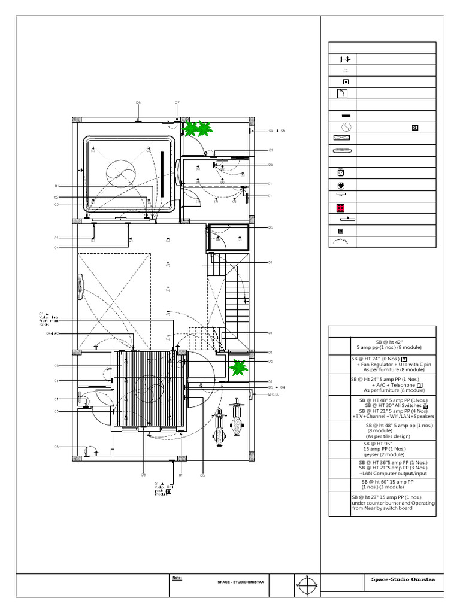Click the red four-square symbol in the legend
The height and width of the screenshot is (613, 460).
coord(340,208)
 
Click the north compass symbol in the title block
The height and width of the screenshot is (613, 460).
coord(307,585)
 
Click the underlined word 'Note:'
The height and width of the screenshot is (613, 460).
coord(177,578)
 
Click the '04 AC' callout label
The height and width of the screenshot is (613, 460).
coord(52,333)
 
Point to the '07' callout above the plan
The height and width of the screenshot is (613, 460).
coord(177,103)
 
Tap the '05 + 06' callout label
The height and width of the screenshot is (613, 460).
coord(277,130)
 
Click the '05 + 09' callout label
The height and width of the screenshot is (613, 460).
coord(277,387)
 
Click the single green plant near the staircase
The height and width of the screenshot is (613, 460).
coord(238,366)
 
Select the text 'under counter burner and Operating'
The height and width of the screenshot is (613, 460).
coord(394,503)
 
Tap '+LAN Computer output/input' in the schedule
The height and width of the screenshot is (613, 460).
coord(393,474)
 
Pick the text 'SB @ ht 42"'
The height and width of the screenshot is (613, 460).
coord(389,341)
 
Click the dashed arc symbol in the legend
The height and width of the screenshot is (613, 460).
coord(340,242)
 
